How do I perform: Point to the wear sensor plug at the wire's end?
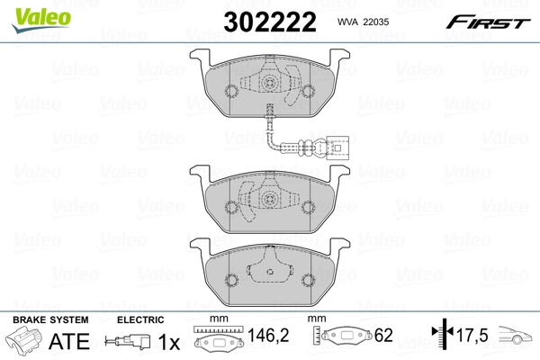click(337, 147)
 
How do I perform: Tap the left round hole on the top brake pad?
click(230, 91)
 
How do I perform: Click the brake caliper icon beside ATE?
click(24, 341)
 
